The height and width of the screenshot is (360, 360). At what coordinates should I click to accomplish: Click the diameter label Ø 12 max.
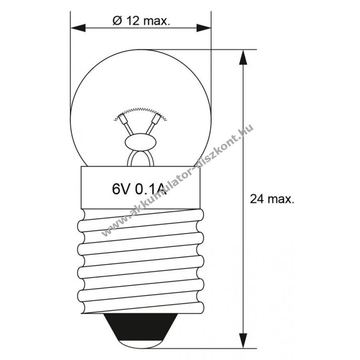pyautogui.click(x=141, y=21)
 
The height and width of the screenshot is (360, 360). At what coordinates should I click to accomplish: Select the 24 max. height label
pyautogui.click(x=272, y=199)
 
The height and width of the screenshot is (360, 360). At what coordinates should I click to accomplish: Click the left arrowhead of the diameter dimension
pyautogui.click(x=78, y=28)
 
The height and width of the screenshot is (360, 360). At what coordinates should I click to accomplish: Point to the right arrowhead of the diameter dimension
pyautogui.click(x=204, y=28)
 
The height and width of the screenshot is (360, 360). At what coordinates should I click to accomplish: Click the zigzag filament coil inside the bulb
pyautogui.click(x=140, y=112)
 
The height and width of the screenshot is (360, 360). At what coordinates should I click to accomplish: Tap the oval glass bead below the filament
pyautogui.click(x=140, y=142)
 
